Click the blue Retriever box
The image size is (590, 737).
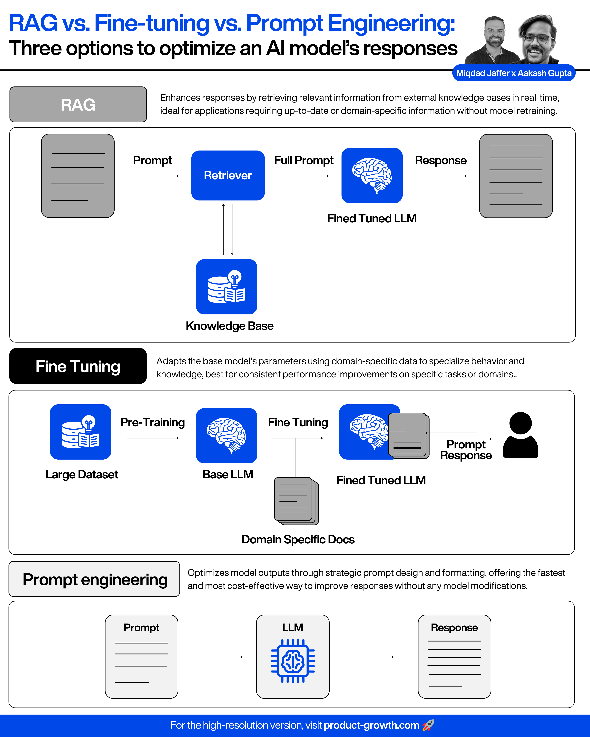pos(228,175)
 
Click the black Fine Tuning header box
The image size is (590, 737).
pos(78,366)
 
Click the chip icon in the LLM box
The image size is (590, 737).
pos(293,661)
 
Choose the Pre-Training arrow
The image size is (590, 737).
pos(153,438)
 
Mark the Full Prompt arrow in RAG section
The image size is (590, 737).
pos(303,176)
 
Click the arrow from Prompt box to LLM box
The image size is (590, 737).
pos(216,657)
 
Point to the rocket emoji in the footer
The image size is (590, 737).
pos(428,725)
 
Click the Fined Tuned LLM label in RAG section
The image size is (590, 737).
pos(372,218)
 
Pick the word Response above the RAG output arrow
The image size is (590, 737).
pos(441,160)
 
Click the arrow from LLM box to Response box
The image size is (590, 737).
pos(368,657)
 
